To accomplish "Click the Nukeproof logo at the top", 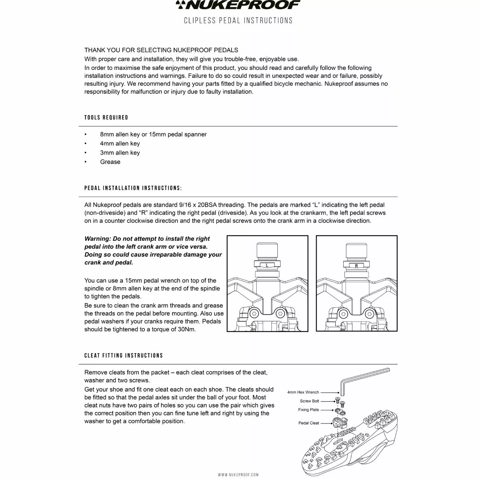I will point(238,5).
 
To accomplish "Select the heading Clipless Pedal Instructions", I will point(238,20).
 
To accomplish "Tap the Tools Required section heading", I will point(106,117).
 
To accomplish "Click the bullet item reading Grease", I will point(110,162).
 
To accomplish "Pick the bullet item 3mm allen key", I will point(120,152).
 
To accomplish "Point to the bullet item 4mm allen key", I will point(120,143).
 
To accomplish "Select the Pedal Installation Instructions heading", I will point(133,188).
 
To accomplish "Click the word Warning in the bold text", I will point(97,239).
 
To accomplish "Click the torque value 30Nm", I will point(186,329).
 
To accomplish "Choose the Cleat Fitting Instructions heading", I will point(124,355).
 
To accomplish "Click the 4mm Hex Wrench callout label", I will point(303,392).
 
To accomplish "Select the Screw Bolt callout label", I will point(309,401).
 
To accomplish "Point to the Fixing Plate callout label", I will point(309,410).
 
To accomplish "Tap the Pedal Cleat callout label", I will point(309,423).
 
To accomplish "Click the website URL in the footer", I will point(238,475).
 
